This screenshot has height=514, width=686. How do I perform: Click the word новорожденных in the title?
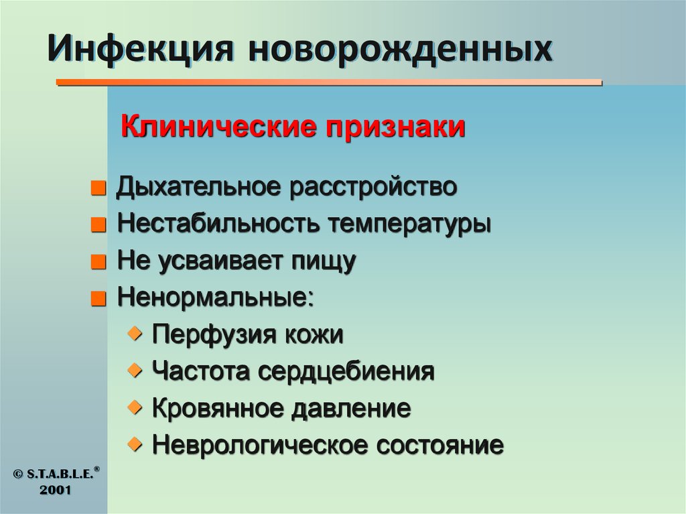click(x=401, y=51)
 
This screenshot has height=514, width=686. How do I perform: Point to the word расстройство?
click(x=374, y=187)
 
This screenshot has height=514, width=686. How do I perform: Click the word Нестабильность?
click(x=216, y=224)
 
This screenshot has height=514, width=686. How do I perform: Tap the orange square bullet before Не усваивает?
click(x=98, y=261)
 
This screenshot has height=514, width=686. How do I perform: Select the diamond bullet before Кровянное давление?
click(x=136, y=405)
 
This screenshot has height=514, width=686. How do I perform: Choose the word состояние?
click(x=439, y=444)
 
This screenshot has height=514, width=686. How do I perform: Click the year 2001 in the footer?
click(x=55, y=491)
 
